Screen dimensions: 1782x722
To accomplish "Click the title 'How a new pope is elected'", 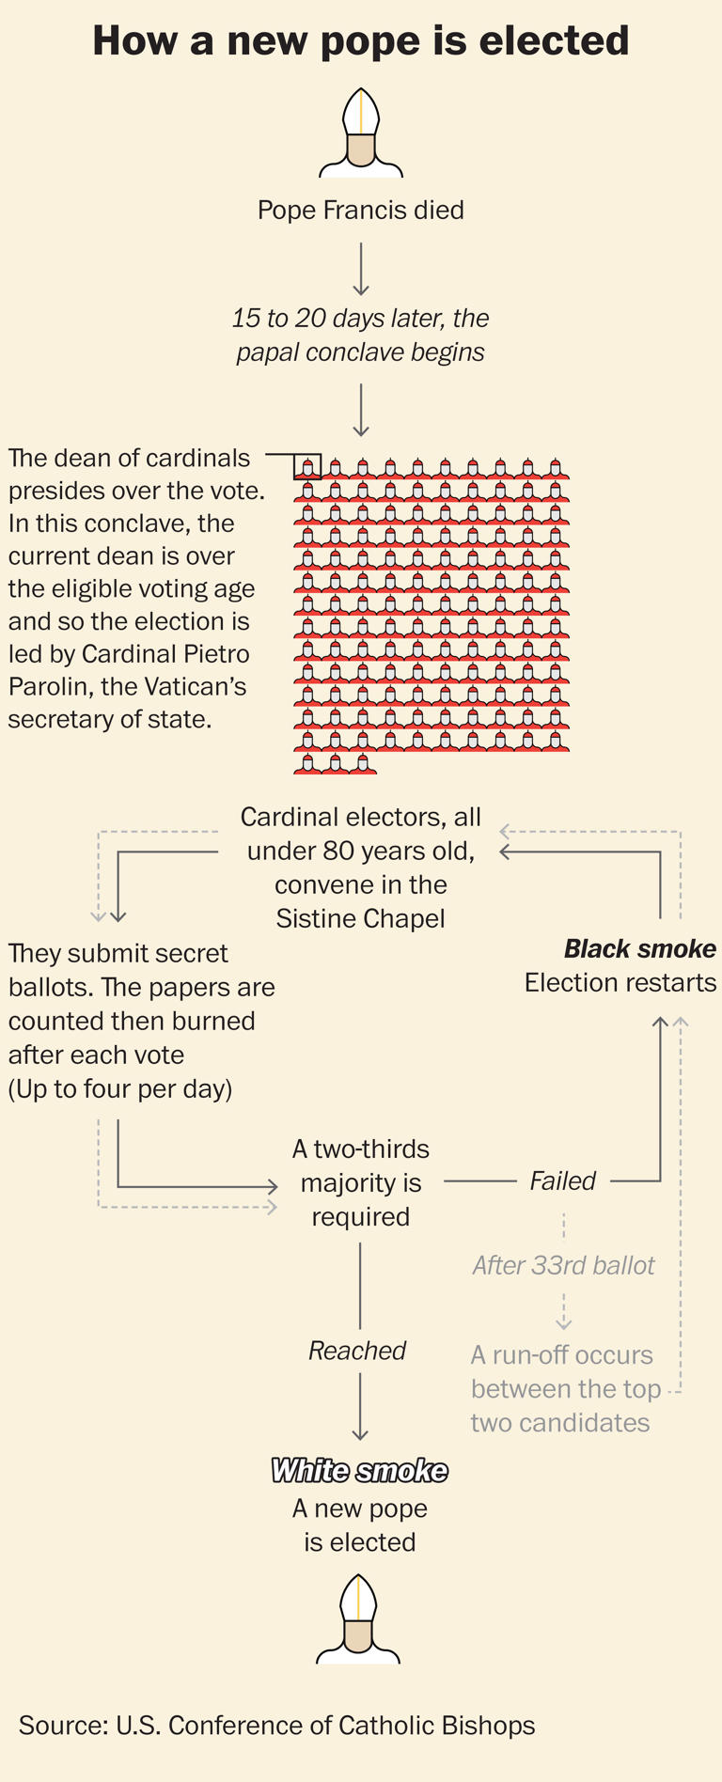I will [361, 42].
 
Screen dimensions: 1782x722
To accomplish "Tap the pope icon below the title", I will [361, 133].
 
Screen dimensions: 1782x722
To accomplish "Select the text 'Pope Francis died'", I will [361, 210].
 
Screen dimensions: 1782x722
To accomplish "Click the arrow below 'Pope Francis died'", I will [361, 270].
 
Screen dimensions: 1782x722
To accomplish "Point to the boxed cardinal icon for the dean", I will [307, 466].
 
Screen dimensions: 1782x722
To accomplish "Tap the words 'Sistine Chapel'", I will [361, 918].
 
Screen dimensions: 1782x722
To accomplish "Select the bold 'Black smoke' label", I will [639, 949].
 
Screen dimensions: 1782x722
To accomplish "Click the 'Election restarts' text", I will [620, 983].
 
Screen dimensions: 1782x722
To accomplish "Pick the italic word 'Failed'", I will [562, 1181].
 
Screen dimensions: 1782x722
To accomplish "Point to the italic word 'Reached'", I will [357, 1352].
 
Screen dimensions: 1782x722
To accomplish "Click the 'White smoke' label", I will [359, 1471].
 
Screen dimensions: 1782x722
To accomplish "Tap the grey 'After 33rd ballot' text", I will [563, 1266].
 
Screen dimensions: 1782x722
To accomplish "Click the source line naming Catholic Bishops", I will [276, 1726].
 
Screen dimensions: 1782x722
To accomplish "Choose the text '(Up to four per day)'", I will [120, 1089].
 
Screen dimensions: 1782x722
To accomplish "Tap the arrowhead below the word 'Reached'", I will [360, 1433].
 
